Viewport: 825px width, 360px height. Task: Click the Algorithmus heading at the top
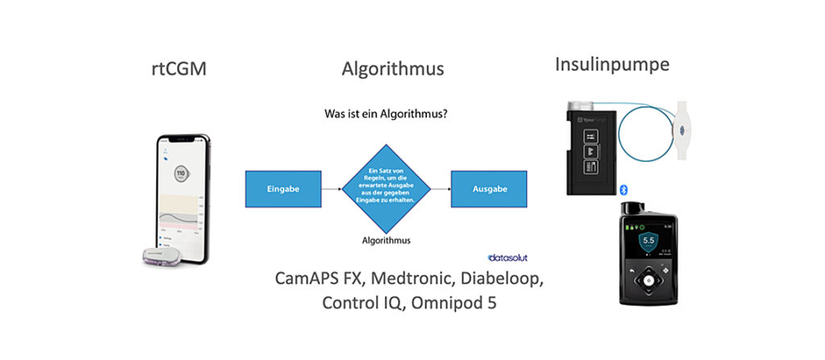[392, 68]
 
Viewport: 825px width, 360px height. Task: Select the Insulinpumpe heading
[612, 64]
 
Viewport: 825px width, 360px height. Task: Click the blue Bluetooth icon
[623, 188]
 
